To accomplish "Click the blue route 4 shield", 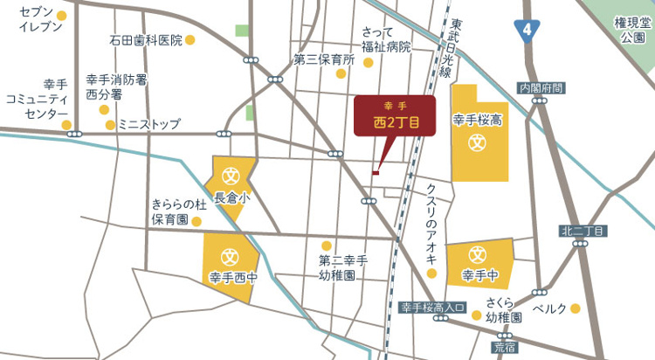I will pyautogui.click(x=525, y=30).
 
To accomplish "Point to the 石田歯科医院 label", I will pyautogui.click(x=146, y=40).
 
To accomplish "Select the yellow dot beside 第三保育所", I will pyautogui.click(x=341, y=74).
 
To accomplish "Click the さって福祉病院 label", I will pyautogui.click(x=385, y=39).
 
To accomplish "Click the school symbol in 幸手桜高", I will pyautogui.click(x=477, y=140).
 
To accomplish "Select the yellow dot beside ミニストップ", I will pyautogui.click(x=110, y=125).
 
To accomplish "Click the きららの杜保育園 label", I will pyautogui.click(x=177, y=212).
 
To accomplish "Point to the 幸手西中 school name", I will pyautogui.click(x=233, y=279).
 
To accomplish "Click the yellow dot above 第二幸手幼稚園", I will pyautogui.click(x=327, y=246).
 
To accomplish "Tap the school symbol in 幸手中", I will pyautogui.click(x=478, y=255).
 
